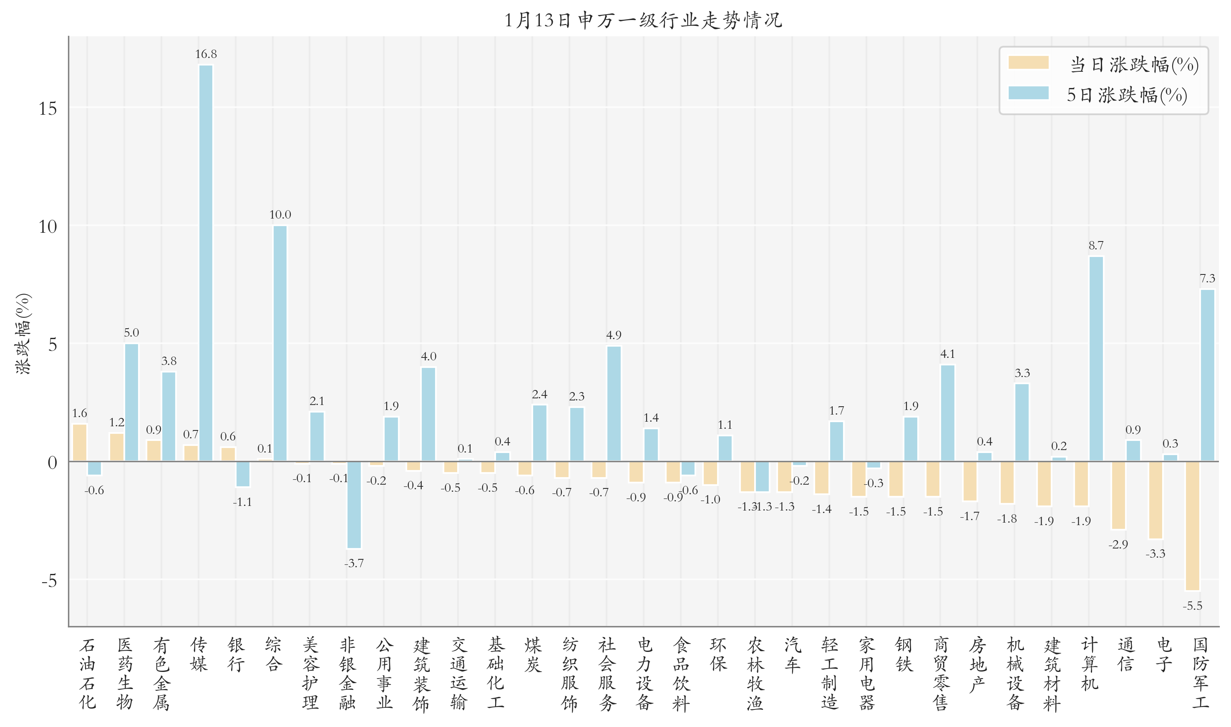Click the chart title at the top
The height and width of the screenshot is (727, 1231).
click(643, 20)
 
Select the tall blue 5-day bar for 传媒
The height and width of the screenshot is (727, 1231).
click(206, 263)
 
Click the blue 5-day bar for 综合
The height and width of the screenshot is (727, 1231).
click(280, 343)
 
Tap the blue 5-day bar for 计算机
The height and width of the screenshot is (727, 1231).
click(1096, 359)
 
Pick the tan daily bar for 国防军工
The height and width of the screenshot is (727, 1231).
click(1192, 526)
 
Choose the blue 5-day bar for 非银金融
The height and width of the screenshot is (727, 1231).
click(354, 505)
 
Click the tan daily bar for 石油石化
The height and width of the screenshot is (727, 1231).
click(80, 443)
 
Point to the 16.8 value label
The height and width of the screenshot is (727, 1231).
click(206, 54)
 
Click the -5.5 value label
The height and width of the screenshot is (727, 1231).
click(1192, 606)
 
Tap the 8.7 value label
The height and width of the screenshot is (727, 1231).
click(1096, 245)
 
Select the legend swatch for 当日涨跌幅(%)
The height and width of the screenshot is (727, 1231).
click(1028, 63)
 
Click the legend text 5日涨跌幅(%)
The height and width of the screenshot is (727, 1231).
click(1127, 95)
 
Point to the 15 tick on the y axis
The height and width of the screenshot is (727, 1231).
click(48, 108)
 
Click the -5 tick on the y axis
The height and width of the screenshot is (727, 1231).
click(49, 581)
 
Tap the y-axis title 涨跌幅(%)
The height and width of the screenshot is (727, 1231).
click(23, 334)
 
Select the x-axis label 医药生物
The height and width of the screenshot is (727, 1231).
click(124, 674)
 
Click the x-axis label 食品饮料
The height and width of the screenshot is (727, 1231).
click(681, 674)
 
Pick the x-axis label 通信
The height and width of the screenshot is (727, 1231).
click(1126, 654)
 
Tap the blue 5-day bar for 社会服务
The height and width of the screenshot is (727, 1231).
click(614, 403)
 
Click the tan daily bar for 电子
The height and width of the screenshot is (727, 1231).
click(1155, 500)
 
